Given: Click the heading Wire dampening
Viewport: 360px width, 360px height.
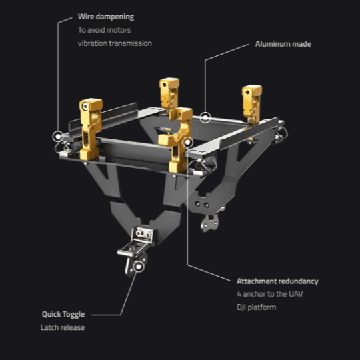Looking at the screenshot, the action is point(106,17).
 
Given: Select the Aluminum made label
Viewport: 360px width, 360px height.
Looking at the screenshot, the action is point(283,44).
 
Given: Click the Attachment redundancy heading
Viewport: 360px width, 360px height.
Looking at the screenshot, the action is point(277,281).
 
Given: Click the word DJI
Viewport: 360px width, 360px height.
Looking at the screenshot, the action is point(241,307).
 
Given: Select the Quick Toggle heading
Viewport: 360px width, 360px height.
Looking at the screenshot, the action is point(63,314).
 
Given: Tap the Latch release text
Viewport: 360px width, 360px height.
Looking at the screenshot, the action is point(63,327).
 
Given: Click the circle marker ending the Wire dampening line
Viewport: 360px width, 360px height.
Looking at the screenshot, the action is point(58,137).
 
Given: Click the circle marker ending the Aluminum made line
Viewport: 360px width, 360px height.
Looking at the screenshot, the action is point(205,117).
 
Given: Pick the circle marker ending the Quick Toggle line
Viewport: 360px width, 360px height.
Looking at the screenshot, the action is point(139,267).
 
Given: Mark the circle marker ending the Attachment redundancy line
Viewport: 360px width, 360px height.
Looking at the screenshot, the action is point(187,143).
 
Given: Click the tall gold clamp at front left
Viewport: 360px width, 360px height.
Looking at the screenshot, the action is point(90,129).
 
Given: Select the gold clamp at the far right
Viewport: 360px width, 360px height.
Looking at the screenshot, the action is point(252,104).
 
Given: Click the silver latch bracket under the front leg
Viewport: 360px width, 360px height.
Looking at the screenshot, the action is point(135,249).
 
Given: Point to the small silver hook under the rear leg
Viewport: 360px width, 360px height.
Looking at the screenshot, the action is point(210,222).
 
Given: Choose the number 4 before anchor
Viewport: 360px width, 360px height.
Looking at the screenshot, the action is point(239,294).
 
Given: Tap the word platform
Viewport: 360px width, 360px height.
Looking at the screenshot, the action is point(262,307).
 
